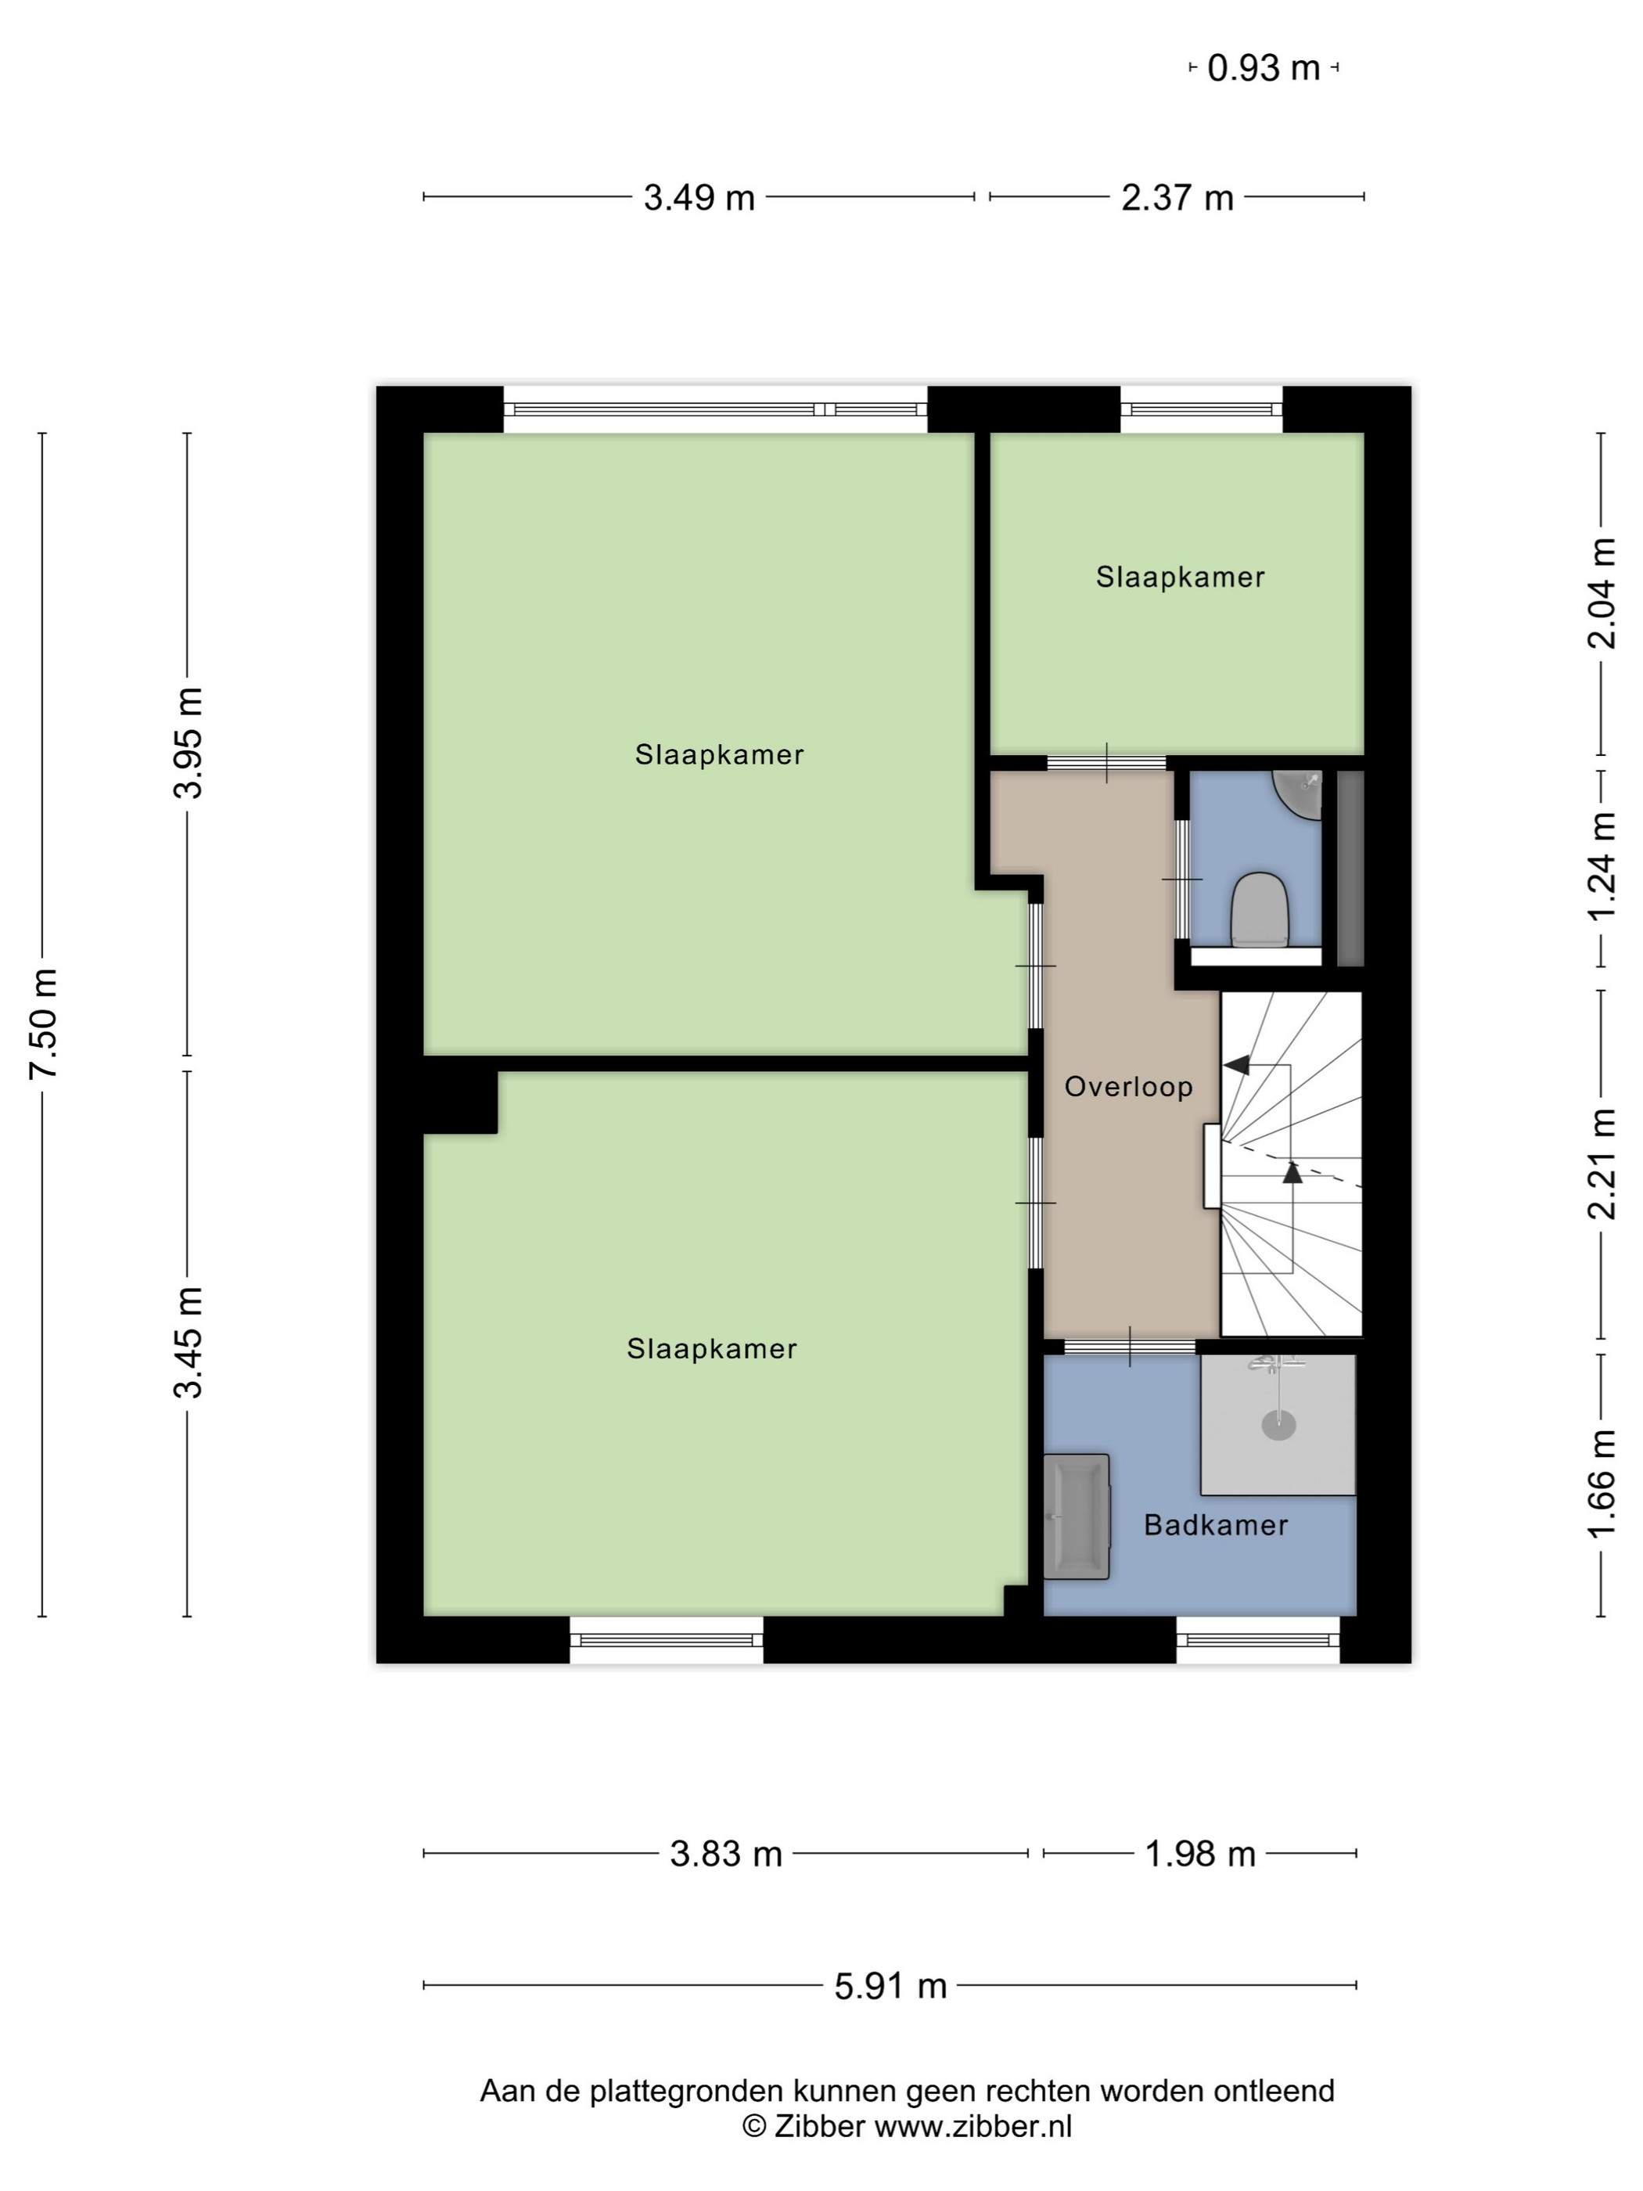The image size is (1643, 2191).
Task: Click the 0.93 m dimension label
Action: pyautogui.click(x=1264, y=68)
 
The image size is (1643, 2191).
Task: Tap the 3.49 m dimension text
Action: pyautogui.click(x=699, y=198)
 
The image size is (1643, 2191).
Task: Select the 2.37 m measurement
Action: pyautogui.click(x=1177, y=198)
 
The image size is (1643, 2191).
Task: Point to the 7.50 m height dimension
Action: pyautogui.click(x=44, y=1024)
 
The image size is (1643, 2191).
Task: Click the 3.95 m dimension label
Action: pyautogui.click(x=189, y=743)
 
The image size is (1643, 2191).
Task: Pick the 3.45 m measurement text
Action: pyautogui.click(x=189, y=1342)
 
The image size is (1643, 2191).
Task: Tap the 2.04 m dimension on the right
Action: pyautogui.click(x=1602, y=593)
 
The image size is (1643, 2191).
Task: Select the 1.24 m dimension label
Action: pyautogui.click(x=1602, y=867)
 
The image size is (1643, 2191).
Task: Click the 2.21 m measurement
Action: pyautogui.click(x=1602, y=1164)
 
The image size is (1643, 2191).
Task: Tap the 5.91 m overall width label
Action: pyautogui.click(x=890, y=1986)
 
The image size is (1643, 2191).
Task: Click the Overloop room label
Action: pyautogui.click(x=1128, y=1088)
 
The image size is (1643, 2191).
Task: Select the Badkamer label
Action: pyautogui.click(x=1216, y=1525)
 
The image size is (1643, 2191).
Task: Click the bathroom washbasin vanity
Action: pyautogui.click(x=1077, y=1516)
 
